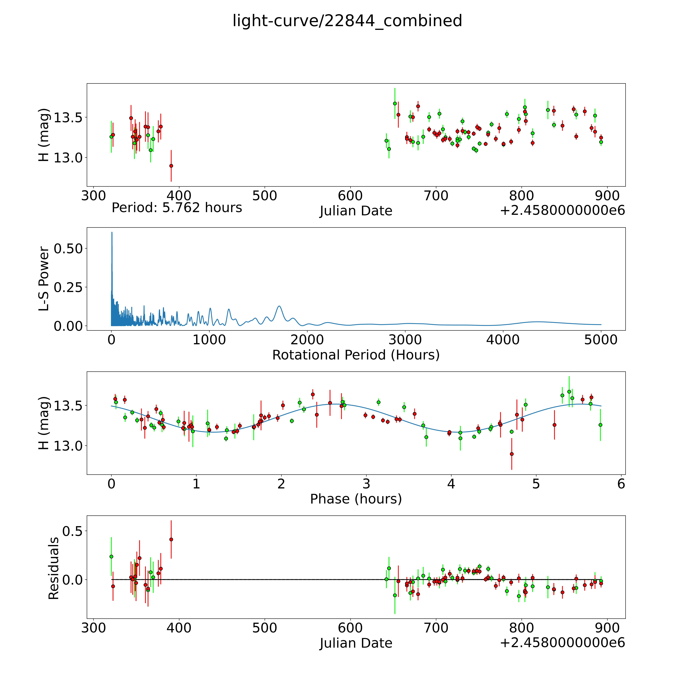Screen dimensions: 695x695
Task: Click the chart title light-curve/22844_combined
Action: click(x=347, y=21)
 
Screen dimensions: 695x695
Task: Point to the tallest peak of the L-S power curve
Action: click(x=112, y=233)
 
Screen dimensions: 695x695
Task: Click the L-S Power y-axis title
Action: click(x=44, y=279)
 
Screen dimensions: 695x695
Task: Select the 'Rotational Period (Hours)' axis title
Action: click(x=356, y=355)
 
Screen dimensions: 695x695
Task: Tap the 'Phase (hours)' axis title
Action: click(x=356, y=499)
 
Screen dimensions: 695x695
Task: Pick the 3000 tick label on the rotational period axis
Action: click(x=405, y=340)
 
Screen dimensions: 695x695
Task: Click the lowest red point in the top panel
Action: click(x=171, y=166)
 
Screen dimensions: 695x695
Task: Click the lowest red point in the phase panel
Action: click(x=512, y=454)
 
